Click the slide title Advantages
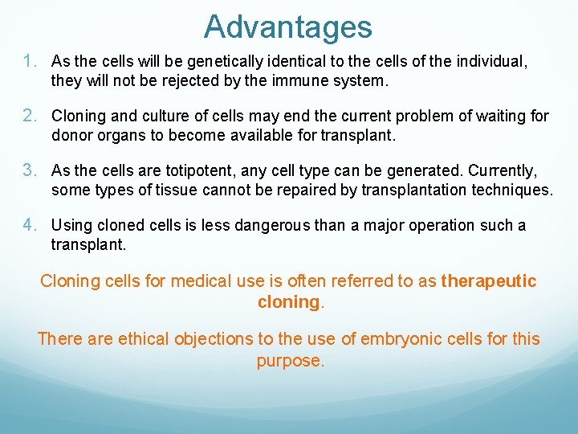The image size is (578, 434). click(x=287, y=27)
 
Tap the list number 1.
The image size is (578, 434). click(x=31, y=60)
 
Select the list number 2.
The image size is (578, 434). click(x=31, y=116)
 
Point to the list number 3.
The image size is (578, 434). click(x=31, y=170)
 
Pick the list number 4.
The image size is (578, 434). click(x=31, y=225)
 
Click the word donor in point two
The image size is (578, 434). click(x=72, y=135)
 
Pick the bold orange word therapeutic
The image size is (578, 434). click(x=489, y=281)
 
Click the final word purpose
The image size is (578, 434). click(x=290, y=361)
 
